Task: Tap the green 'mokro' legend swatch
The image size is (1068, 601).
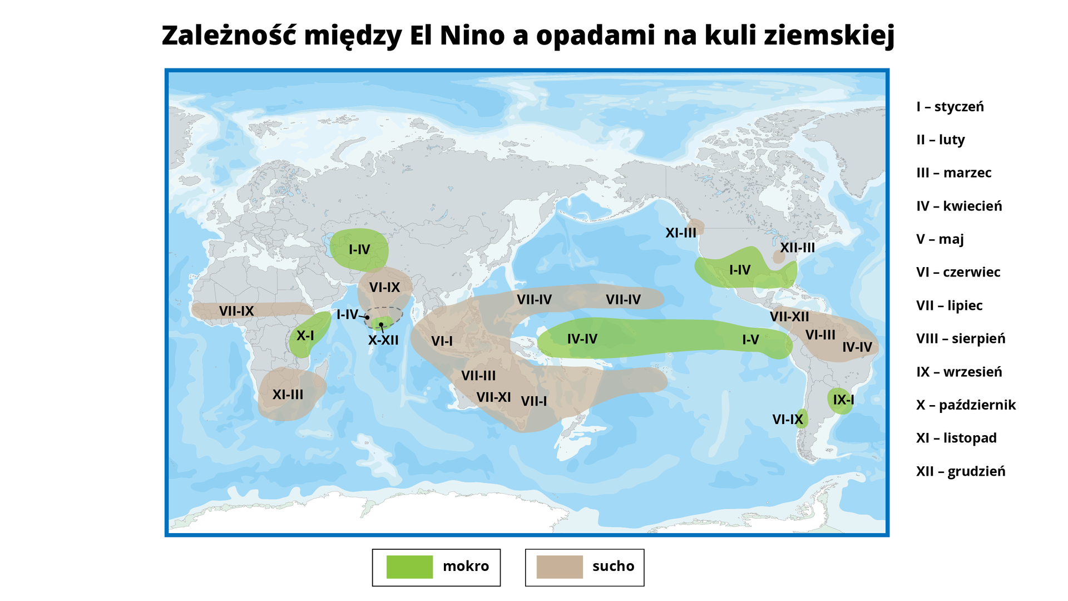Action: point(409,567)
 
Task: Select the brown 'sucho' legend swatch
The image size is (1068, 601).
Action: point(559,567)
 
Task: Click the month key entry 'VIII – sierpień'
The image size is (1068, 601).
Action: point(961,338)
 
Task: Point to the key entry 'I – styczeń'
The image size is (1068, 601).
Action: point(950,107)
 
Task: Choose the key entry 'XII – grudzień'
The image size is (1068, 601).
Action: point(961,471)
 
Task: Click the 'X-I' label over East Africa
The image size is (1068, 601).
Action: point(305,336)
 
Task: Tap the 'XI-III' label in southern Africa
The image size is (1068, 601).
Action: point(288,395)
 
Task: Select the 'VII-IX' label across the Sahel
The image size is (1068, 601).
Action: point(236,311)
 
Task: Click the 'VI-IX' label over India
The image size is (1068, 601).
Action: point(384,288)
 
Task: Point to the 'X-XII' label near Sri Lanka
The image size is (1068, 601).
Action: point(383,340)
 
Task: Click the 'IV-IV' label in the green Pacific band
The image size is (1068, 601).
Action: point(582,339)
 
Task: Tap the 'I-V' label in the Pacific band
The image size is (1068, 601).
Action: point(750,339)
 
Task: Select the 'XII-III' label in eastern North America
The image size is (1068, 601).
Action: point(797,248)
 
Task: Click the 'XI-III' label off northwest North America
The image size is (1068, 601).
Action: point(681,233)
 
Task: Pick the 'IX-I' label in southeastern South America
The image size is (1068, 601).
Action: point(843,400)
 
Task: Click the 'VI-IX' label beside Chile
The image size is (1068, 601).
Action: point(788,420)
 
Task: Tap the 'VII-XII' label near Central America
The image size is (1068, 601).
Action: point(789,317)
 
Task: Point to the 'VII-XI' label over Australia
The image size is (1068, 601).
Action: point(493,397)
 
